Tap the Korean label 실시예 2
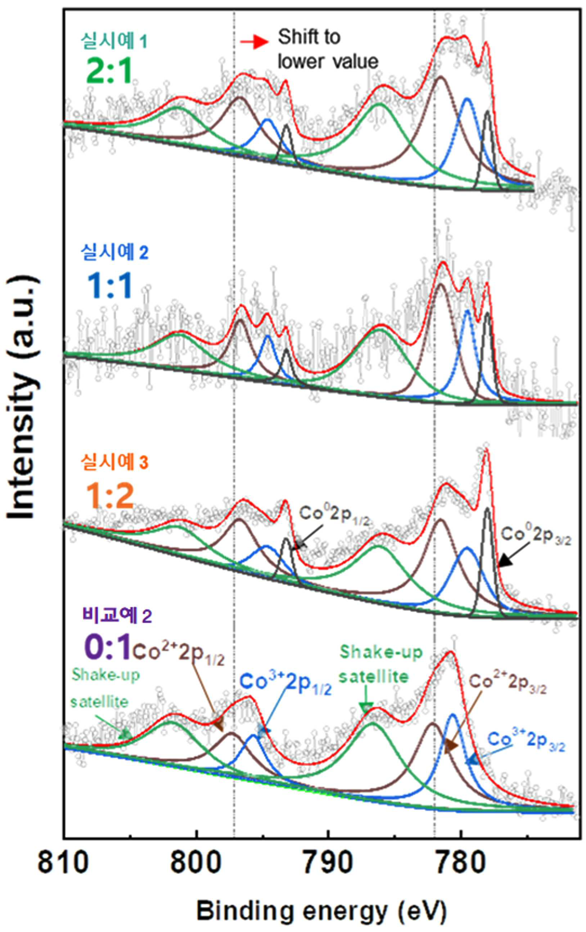tap(114, 252)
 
